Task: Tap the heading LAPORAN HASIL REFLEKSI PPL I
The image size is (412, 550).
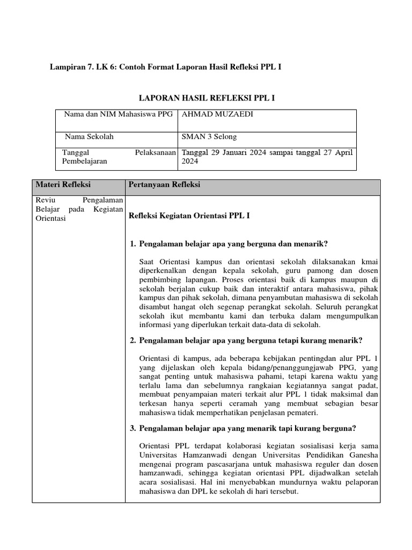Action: coord(207,98)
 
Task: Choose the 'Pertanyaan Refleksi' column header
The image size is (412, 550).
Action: coord(164,185)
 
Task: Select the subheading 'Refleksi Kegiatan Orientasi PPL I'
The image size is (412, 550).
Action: coord(190,216)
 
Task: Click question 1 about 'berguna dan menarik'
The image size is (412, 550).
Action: coord(233,244)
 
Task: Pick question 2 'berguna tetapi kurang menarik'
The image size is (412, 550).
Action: coord(251,341)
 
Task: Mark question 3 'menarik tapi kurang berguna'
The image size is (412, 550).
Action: coord(247,428)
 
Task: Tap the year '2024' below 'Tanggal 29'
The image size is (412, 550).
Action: coord(190,161)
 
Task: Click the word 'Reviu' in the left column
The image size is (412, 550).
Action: coord(45,200)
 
